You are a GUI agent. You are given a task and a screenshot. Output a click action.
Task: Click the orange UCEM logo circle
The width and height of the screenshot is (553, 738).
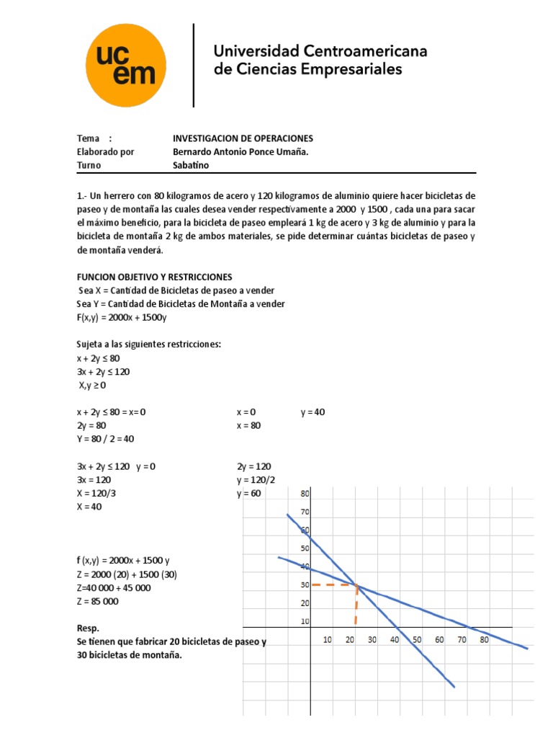[x=126, y=64]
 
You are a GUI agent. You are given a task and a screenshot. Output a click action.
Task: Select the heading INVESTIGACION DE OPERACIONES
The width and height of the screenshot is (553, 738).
[x=243, y=138]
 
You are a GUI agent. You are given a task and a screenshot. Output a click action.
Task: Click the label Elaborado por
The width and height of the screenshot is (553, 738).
[x=105, y=151]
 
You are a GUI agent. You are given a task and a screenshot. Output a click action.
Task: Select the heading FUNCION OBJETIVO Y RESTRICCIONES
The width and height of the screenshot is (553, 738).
[x=154, y=277]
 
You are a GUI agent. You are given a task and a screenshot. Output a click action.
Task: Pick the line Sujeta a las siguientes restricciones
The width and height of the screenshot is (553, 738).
[x=148, y=344]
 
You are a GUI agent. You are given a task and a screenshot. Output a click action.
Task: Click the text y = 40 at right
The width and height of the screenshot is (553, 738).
[x=313, y=412]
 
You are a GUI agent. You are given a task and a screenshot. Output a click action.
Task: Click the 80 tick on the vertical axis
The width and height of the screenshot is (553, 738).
[x=305, y=494]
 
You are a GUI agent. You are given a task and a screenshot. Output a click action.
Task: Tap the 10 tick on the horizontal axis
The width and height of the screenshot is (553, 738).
[x=328, y=639]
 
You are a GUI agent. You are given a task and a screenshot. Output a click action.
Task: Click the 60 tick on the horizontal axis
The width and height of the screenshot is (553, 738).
[x=439, y=639]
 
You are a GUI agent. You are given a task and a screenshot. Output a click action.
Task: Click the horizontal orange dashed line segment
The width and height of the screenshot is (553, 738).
[x=333, y=584]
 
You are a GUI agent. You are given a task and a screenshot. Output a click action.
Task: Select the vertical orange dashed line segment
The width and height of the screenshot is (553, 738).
[x=356, y=605]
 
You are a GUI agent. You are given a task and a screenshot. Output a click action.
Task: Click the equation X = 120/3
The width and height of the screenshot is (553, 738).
[x=97, y=494]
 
